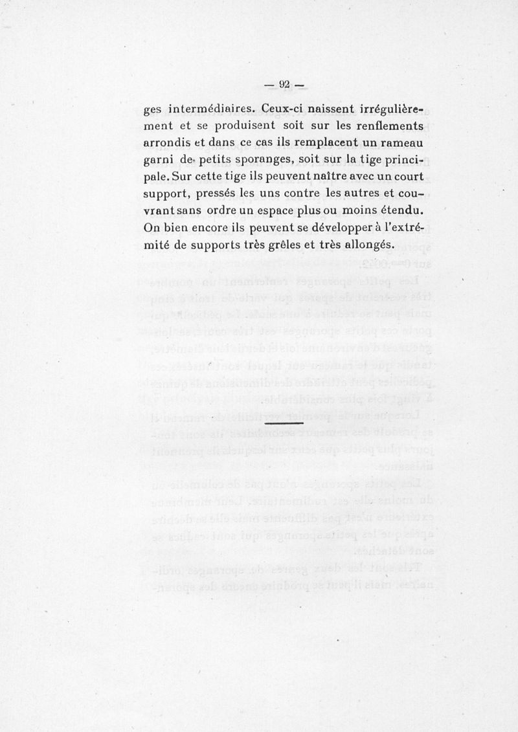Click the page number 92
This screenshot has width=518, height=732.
pyautogui.click(x=285, y=83)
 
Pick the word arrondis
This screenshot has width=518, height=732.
pyautogui.click(x=170, y=141)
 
